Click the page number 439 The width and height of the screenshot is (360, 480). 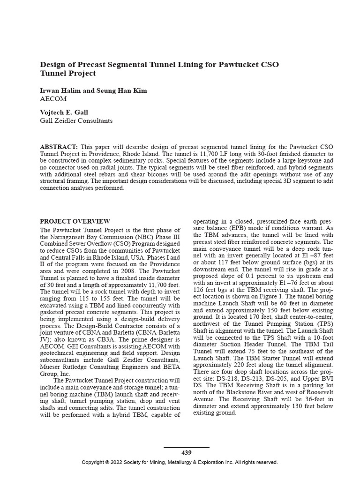pyautogui.click(x=186, y=452)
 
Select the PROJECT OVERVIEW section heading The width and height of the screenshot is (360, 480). pyautogui.click(x=75, y=221)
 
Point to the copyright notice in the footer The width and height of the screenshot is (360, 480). pyautogui.click(x=180, y=462)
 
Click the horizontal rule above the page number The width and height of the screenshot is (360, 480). pyautogui.click(x=186, y=447)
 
